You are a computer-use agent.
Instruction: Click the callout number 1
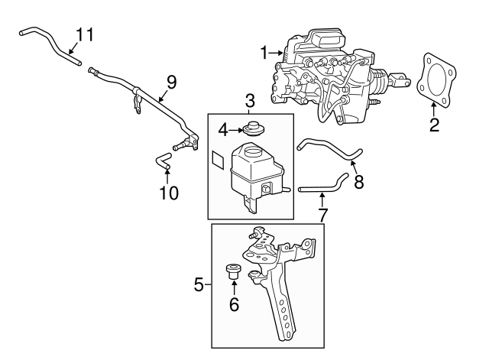(x=264, y=53)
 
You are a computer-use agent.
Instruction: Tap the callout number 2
(x=434, y=125)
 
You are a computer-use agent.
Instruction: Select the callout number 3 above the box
(x=250, y=100)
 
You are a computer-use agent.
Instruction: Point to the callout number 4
(x=222, y=130)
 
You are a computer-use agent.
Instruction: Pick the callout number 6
(x=234, y=304)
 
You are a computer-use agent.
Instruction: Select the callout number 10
(x=168, y=193)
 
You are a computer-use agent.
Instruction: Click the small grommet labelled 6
(x=233, y=271)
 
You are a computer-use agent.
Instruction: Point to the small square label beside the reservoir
(x=218, y=160)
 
